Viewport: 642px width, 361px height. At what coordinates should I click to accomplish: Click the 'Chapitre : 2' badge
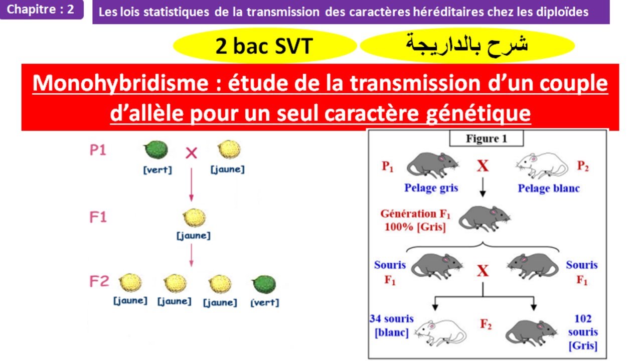pyautogui.click(x=41, y=10)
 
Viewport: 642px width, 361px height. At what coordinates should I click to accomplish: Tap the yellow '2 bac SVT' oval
pyautogui.click(x=264, y=46)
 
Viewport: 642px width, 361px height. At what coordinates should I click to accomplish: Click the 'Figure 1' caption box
pyautogui.click(x=486, y=138)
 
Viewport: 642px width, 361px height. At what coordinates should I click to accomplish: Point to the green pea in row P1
pyautogui.click(x=156, y=149)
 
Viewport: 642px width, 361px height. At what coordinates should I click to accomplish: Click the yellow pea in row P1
pyautogui.click(x=229, y=149)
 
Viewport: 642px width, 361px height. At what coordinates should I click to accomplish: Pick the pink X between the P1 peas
pyautogui.click(x=191, y=153)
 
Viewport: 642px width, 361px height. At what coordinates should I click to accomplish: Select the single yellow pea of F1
pyautogui.click(x=194, y=218)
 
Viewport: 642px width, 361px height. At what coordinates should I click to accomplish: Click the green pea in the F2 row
pyautogui.click(x=264, y=284)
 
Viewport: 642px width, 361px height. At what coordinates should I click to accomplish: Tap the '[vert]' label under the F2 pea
pyautogui.click(x=264, y=302)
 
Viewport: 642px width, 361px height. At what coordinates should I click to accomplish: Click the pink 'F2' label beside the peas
pyautogui.click(x=99, y=282)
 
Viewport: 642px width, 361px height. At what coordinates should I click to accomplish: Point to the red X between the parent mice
pyautogui.click(x=483, y=166)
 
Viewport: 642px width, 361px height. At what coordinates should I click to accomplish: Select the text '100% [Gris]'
pyautogui.click(x=415, y=227)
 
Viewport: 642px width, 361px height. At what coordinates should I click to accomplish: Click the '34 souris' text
pyautogui.click(x=392, y=319)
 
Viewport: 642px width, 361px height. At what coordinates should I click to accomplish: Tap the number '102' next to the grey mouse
pyautogui.click(x=583, y=319)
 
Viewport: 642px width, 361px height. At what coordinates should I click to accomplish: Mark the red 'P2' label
pyautogui.click(x=582, y=166)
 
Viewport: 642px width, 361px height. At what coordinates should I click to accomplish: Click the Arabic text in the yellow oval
pyautogui.click(x=466, y=45)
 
